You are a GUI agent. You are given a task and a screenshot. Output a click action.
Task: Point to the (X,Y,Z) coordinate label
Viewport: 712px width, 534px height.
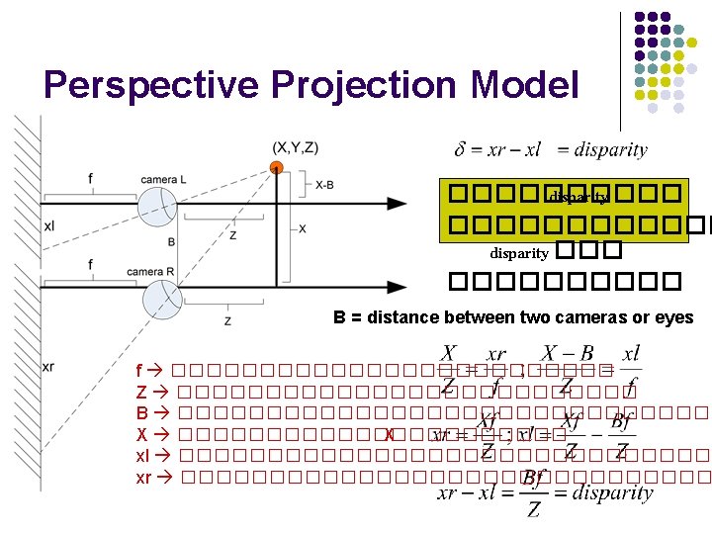click(296, 147)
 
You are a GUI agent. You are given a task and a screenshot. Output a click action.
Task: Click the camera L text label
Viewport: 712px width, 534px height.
click(163, 179)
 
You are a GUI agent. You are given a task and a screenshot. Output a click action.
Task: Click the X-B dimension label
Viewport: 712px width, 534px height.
click(323, 184)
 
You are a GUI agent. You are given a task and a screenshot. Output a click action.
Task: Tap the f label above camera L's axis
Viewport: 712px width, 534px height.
click(91, 179)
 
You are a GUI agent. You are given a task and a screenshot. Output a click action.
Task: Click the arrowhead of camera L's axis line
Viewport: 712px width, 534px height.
click(397, 204)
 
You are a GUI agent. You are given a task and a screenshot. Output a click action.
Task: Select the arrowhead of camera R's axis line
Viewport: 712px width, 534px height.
click(397, 288)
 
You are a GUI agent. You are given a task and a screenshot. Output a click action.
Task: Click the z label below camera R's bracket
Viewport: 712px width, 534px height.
click(227, 320)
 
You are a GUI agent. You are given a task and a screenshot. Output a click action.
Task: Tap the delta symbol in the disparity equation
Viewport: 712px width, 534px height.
click(460, 150)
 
